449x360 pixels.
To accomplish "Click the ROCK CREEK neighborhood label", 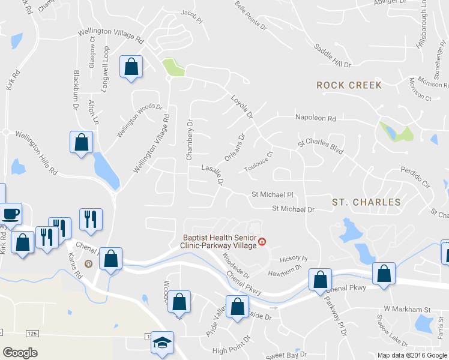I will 349,85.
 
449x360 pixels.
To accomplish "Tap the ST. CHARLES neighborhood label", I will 366,202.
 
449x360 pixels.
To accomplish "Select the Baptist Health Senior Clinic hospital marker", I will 262,242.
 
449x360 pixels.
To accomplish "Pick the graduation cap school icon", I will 161,342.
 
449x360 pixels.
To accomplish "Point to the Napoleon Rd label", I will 315,118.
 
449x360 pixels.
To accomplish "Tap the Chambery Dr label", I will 189,140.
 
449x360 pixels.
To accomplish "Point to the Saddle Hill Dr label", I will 333,56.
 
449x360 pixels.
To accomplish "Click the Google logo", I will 20,353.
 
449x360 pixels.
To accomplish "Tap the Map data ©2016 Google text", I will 412,355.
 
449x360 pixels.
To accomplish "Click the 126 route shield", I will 31,332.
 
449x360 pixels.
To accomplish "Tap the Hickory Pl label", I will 294,259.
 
